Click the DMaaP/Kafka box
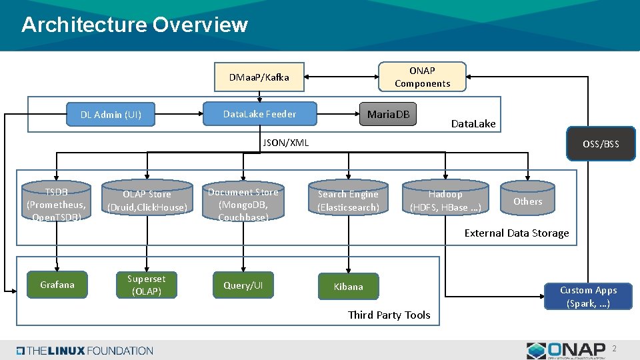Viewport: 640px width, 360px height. (x=259, y=77)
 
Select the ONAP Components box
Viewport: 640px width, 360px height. (x=422, y=77)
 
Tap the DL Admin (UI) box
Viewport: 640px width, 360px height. (x=111, y=115)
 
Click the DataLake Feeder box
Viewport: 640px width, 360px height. (x=259, y=114)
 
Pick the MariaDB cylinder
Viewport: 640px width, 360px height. (x=388, y=115)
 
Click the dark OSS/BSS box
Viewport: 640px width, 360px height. (x=601, y=144)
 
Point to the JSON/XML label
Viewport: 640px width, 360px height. (x=286, y=143)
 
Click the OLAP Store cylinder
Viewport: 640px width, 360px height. (x=147, y=201)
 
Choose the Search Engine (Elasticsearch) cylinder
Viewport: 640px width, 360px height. (x=348, y=201)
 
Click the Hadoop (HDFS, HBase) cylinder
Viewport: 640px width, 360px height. (x=445, y=201)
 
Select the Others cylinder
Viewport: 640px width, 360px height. (x=527, y=201)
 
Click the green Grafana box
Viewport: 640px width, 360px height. (x=57, y=285)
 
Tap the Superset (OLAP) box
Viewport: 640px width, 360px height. (x=147, y=285)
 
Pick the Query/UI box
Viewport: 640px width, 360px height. (x=243, y=285)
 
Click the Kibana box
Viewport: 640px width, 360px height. (x=349, y=287)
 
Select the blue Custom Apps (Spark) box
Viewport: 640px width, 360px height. (x=588, y=296)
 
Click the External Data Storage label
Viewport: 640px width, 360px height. (x=517, y=233)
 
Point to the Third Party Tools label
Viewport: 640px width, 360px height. (x=389, y=315)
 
